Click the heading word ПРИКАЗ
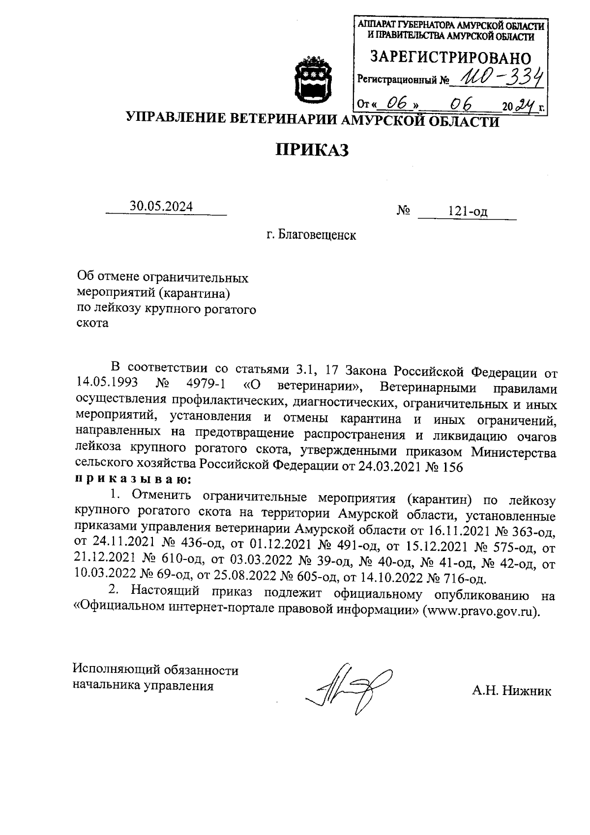pyautogui.click(x=311, y=149)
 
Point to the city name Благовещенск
pyautogui.click(x=317, y=235)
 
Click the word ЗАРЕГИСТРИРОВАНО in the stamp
pyautogui.click(x=450, y=58)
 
